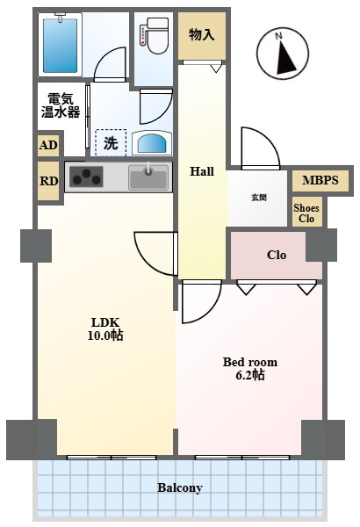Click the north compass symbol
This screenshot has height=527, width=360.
tap(283, 54)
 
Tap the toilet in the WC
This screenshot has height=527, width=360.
tap(155, 36)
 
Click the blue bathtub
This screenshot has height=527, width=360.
tap(61, 46)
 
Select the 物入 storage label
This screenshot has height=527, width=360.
tap(202, 34)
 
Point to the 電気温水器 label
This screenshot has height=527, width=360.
tap(61, 105)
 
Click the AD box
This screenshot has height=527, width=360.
tap(48, 145)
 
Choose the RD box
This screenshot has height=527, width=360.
tap(48, 181)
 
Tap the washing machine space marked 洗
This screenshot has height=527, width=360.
tap(111, 143)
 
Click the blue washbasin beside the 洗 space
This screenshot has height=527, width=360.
tap(153, 143)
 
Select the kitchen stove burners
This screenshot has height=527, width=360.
tap(86, 177)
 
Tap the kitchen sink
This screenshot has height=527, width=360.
tap(148, 177)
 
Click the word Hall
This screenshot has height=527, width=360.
tap(202, 171)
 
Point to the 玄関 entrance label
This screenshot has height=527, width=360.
tap(259, 198)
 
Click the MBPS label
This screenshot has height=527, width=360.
tap(320, 180)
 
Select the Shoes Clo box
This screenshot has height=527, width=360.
tap(306, 213)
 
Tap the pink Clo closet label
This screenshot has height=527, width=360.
tap(277, 255)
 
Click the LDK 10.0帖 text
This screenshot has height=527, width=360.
tap(105, 329)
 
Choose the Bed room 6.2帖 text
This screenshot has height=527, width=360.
tap(250, 368)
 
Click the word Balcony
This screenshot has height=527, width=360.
tap(180, 487)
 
